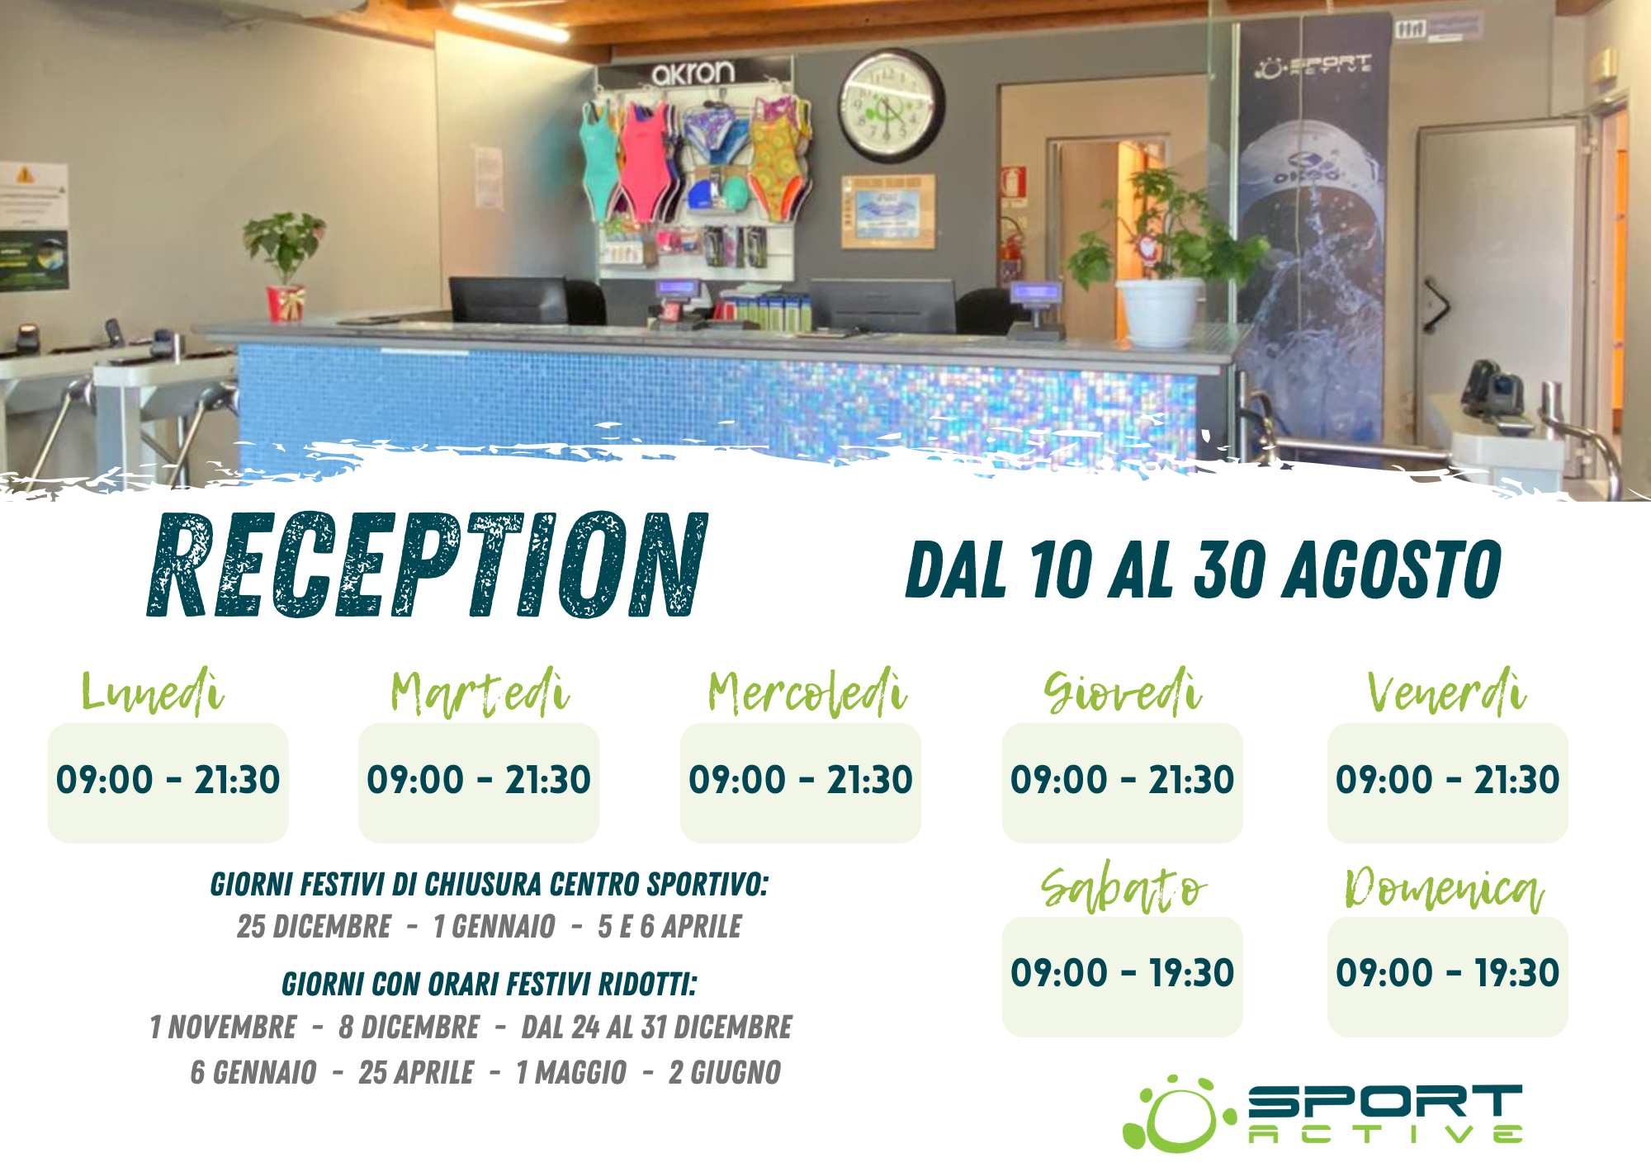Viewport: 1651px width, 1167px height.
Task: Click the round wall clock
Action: (891, 105)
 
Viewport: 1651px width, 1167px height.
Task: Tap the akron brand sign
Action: (693, 73)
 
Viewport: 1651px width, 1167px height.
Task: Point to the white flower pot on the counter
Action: (1160, 311)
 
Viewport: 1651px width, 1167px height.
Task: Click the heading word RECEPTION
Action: (427, 565)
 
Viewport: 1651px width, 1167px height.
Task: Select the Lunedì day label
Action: (153, 691)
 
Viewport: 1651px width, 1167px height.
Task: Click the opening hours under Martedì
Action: (479, 780)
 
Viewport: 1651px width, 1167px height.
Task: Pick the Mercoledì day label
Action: (807, 692)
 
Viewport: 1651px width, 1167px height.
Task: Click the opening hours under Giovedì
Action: (1122, 780)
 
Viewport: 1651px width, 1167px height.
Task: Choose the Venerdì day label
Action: (1446, 691)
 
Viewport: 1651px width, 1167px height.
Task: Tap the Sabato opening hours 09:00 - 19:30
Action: (1122, 973)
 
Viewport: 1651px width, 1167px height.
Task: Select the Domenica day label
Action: (1445, 888)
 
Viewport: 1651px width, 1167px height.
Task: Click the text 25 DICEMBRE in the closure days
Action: (314, 927)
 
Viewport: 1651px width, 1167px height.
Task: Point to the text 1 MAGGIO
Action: (571, 1072)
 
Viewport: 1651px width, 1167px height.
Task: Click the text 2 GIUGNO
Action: (725, 1072)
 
